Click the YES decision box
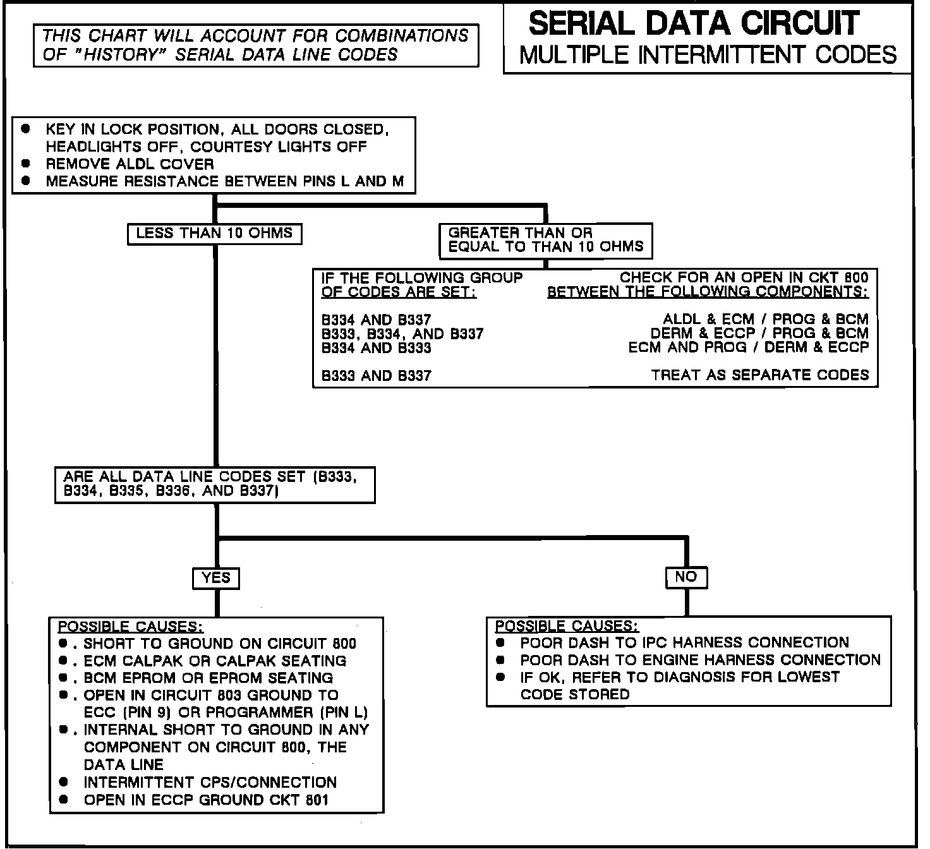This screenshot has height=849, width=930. (216, 578)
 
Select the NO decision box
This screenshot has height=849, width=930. (685, 577)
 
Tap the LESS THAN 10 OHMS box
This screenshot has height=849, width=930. (214, 233)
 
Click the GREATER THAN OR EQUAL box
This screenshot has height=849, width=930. (545, 240)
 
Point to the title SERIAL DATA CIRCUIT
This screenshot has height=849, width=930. (694, 23)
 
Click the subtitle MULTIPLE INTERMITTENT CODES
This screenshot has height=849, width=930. (708, 55)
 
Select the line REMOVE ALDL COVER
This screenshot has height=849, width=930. (130, 164)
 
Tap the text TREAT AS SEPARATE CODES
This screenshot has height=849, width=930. (760, 375)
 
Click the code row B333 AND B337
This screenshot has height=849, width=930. (377, 376)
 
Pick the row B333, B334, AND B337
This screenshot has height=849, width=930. (402, 334)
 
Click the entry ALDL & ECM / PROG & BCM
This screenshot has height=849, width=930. (766, 320)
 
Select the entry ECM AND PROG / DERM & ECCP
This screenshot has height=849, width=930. (749, 347)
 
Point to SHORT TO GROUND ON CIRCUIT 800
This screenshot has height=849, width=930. (220, 644)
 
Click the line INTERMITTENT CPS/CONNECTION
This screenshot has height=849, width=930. (210, 782)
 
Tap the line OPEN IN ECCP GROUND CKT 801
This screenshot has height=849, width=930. (206, 800)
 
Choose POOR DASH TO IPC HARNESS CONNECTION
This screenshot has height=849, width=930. (684, 643)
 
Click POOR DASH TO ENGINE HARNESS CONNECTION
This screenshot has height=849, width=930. (700, 660)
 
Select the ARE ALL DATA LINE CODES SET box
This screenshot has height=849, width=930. (215, 485)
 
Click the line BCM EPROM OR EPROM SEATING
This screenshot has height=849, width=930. (208, 678)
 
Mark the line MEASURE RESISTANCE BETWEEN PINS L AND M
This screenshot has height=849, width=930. (224, 182)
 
